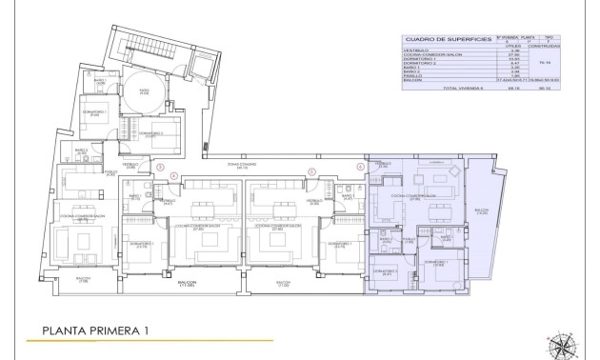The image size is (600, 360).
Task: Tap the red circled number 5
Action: (311, 171)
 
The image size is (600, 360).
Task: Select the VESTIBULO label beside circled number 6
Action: (382, 165)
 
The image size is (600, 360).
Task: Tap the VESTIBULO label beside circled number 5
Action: (313, 202)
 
